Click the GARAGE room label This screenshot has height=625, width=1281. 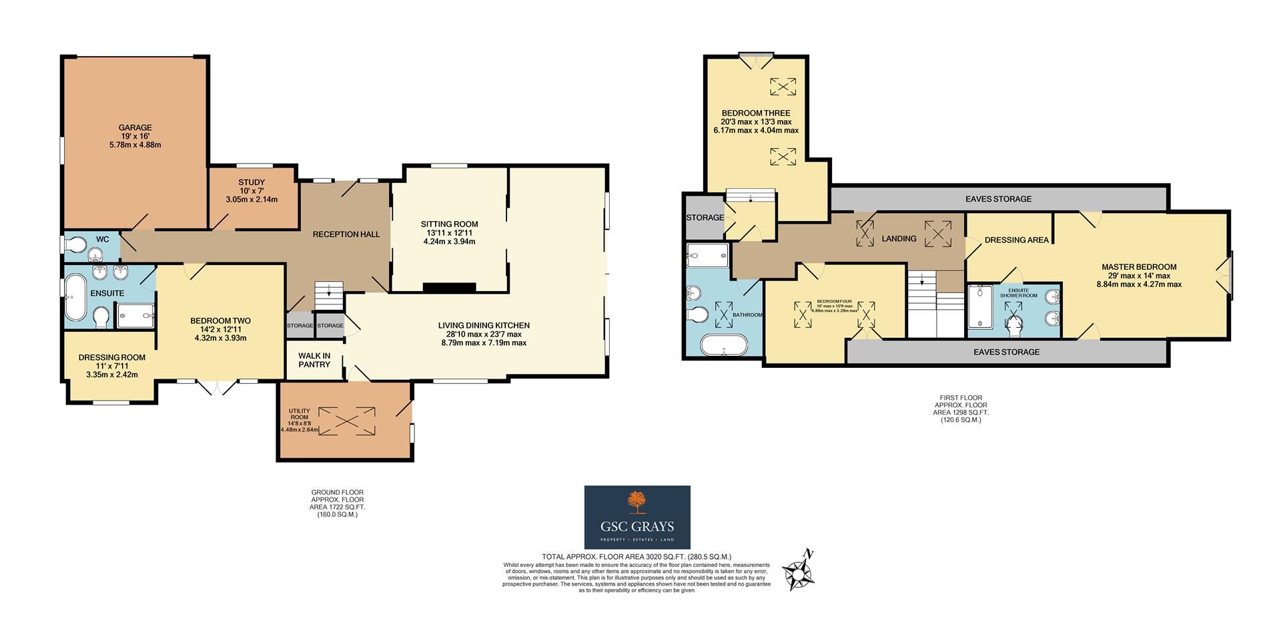click(x=135, y=128)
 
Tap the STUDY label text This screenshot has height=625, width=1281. click(x=252, y=182)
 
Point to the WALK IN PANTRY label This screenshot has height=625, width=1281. click(x=314, y=360)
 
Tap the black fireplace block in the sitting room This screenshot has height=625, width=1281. click(x=449, y=288)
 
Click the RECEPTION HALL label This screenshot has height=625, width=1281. click(x=346, y=234)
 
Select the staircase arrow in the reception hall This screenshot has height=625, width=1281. click(x=328, y=292)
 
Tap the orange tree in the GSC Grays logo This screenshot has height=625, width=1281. click(x=637, y=501)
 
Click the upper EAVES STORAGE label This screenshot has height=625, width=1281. click(x=998, y=199)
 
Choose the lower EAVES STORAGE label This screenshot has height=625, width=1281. click(x=1006, y=352)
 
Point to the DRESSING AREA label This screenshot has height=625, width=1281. click(x=1016, y=240)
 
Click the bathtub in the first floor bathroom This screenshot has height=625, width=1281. click(x=724, y=345)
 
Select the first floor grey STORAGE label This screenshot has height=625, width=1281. click(x=705, y=218)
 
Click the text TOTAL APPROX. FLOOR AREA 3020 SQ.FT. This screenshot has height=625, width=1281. click(x=636, y=557)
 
